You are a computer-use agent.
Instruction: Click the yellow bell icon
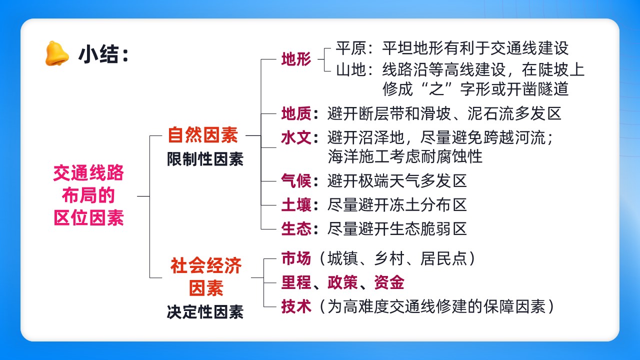pyautogui.click(x=57, y=53)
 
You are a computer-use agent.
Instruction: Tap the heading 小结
pyautogui.click(x=98, y=54)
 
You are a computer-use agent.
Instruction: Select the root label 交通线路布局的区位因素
pyautogui.click(x=88, y=195)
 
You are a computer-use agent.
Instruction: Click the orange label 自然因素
pyautogui.click(x=203, y=135)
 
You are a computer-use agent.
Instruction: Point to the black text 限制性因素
pyautogui.click(x=205, y=159)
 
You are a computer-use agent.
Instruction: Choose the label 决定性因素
pyautogui.click(x=205, y=311)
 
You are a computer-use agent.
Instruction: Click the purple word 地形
pyautogui.click(x=296, y=59)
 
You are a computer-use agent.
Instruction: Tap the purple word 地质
pyautogui.click(x=296, y=113)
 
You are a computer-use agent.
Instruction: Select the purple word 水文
pyautogui.click(x=296, y=137)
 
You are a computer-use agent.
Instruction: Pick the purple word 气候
pyautogui.click(x=296, y=181)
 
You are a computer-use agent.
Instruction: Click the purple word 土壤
pyautogui.click(x=296, y=205)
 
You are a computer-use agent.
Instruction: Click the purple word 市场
pyautogui.click(x=296, y=258)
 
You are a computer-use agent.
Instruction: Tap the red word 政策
pyautogui.click(x=342, y=282)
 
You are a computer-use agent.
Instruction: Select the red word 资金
pyautogui.click(x=389, y=282)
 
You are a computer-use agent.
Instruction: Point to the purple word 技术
pyautogui.click(x=296, y=306)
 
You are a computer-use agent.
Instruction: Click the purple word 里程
pyautogui.click(x=296, y=282)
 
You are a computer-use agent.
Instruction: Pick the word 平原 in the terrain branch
pyautogui.click(x=351, y=48)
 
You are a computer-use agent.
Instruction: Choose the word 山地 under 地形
pyautogui.click(x=351, y=69)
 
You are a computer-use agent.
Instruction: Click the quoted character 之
pyautogui.click(x=437, y=89)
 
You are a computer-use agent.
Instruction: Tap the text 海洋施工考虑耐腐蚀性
pyautogui.click(x=405, y=156)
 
